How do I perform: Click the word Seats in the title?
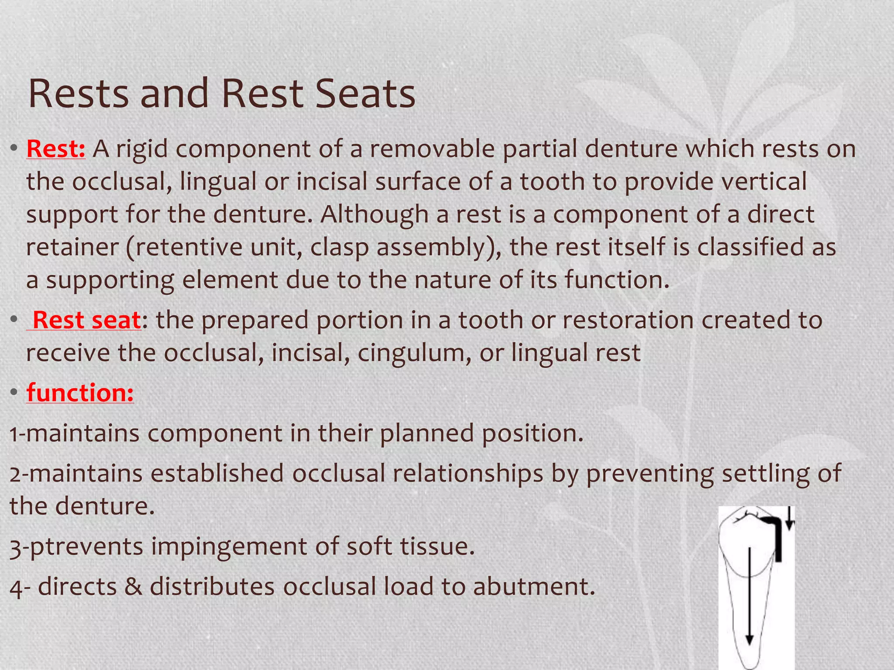pyautogui.click(x=365, y=94)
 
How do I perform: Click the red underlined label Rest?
pyautogui.click(x=56, y=149)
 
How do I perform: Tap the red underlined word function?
pyautogui.click(x=80, y=393)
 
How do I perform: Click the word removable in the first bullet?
pyautogui.click(x=432, y=149)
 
